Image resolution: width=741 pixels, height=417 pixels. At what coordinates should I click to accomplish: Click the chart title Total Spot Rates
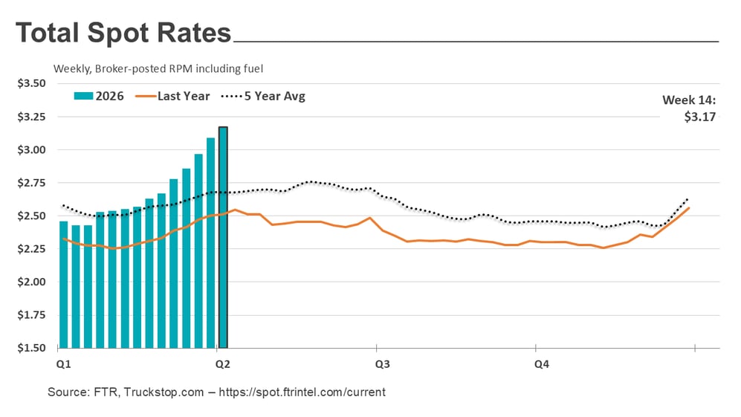tap(123, 34)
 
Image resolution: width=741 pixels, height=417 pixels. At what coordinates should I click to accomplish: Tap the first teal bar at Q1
tap(64, 284)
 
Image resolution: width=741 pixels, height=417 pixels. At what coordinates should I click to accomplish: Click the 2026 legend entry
tap(100, 96)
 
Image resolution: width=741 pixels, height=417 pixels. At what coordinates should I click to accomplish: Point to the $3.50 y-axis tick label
tap(32, 83)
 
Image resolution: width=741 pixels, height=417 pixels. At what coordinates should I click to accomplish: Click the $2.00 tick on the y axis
tap(32, 282)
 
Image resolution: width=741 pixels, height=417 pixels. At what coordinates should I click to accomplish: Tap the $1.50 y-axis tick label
tap(32, 348)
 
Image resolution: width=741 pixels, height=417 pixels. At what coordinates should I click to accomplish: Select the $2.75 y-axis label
tap(32, 183)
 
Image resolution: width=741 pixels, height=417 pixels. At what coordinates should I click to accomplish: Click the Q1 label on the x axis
tap(63, 364)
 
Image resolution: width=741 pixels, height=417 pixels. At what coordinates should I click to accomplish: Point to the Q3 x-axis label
tap(382, 364)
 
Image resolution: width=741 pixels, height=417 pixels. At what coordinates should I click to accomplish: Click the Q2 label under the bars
tap(222, 364)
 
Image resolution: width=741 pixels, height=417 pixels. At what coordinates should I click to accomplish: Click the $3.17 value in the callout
tap(699, 117)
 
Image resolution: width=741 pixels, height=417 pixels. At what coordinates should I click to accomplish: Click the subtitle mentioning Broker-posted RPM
tap(158, 68)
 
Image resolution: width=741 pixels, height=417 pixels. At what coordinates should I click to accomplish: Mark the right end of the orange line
tap(689, 208)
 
